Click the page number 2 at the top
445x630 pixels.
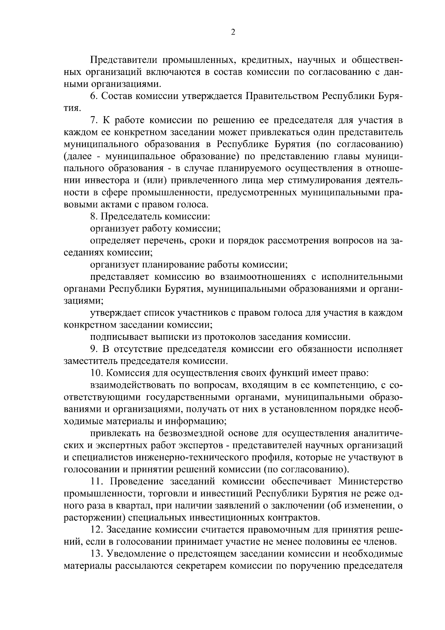click(x=233, y=32)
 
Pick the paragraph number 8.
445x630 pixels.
click(x=93, y=217)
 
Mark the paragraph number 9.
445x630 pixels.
click(x=94, y=349)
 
